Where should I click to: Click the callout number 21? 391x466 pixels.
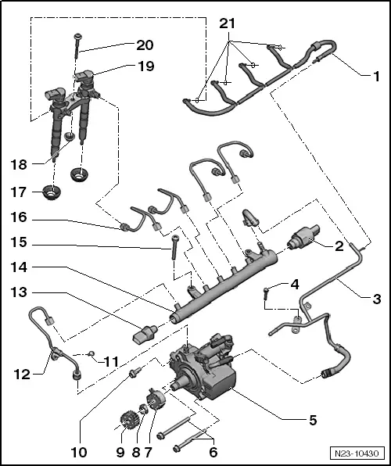[x=228, y=27]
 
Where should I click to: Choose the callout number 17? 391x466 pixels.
[x=19, y=191]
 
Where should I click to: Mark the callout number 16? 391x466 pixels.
[x=19, y=217]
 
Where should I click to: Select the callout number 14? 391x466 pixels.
[x=19, y=267]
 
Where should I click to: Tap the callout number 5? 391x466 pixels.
[x=312, y=420]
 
